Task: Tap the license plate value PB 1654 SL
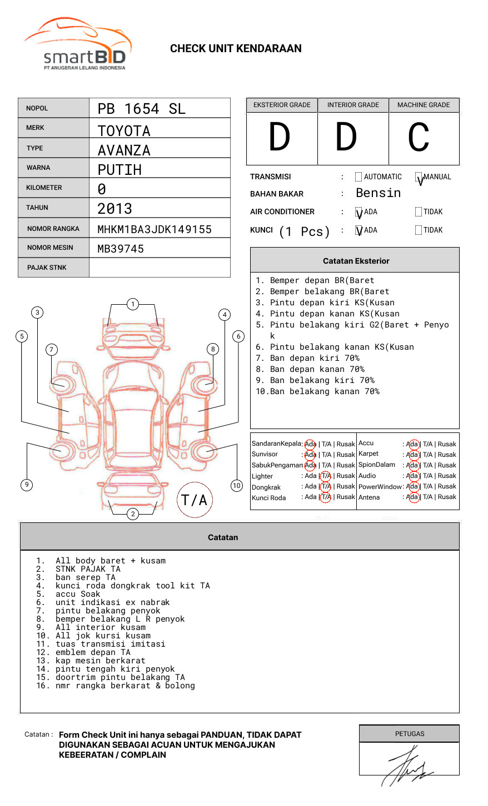point(141,109)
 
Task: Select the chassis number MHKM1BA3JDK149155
point(154,229)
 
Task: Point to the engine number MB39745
point(120,249)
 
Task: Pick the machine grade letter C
point(419,138)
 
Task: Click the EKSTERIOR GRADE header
point(282,105)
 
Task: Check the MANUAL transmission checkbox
point(419,178)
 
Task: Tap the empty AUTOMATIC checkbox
point(358,177)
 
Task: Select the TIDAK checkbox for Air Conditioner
point(419,211)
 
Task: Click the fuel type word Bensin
point(378,193)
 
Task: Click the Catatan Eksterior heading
point(356,261)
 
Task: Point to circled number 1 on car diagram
point(132,304)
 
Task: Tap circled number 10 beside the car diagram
point(237,486)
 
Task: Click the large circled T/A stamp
point(195,500)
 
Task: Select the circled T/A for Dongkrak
point(326,487)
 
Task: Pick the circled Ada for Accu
point(412,444)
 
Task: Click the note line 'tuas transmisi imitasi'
point(110,644)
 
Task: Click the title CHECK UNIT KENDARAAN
point(236,49)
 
